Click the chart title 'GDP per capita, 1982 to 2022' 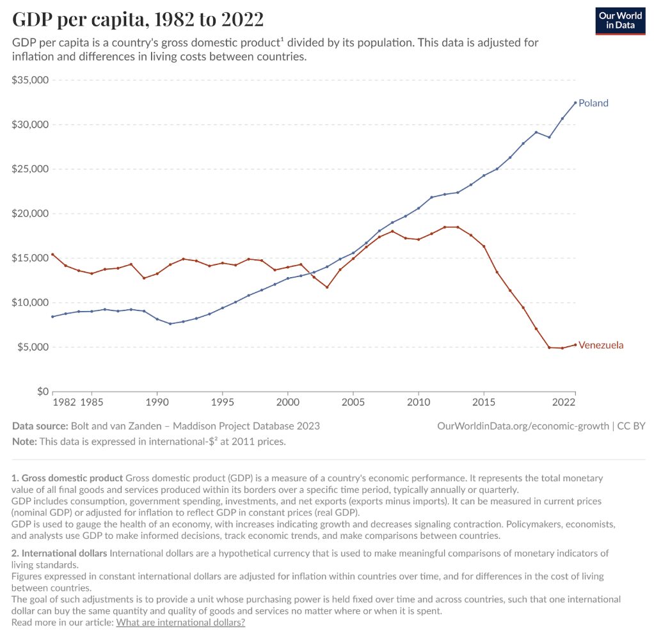[138, 19]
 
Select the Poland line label [593, 103]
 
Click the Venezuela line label [600, 346]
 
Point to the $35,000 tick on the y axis [30, 81]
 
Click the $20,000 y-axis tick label [30, 214]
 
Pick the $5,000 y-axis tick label [33, 347]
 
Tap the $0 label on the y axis [42, 391]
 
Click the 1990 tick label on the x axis [157, 403]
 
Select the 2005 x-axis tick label [353, 403]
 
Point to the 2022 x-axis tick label [563, 403]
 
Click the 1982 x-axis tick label [65, 403]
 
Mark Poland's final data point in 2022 [575, 102]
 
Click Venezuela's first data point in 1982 [52, 254]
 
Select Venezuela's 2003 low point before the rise [327, 287]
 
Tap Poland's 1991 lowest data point [170, 324]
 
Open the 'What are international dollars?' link [180, 622]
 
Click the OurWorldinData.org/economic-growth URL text [523, 426]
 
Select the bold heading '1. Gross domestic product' [67, 478]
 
